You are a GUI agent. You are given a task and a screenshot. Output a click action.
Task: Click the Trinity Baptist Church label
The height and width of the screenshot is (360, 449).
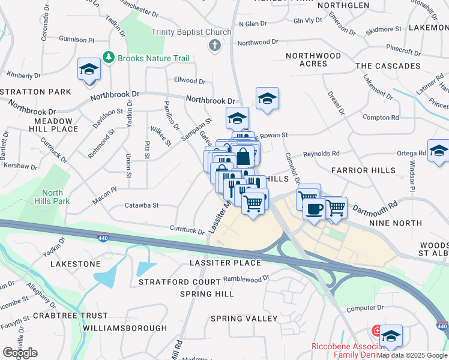[191, 32]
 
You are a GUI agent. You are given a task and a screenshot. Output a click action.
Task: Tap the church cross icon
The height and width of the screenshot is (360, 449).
[215, 45]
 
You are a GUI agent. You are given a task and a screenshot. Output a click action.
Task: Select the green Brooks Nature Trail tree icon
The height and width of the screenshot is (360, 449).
[109, 58]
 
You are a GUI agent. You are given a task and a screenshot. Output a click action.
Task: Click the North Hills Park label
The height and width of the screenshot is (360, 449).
[53, 197]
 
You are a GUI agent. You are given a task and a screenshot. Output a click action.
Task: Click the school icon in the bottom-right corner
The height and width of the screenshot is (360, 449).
[391, 337]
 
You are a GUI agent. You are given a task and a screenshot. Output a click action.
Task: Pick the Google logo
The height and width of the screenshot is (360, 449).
[20, 353]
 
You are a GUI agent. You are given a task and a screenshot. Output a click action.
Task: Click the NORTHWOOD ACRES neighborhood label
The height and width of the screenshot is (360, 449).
[313, 59]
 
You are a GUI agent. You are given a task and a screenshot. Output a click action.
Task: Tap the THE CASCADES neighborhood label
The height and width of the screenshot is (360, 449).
[388, 65]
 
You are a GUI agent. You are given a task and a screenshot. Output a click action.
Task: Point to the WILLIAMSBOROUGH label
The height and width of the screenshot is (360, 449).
[125, 328]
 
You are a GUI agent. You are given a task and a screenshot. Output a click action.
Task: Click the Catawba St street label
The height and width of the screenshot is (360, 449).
[141, 205]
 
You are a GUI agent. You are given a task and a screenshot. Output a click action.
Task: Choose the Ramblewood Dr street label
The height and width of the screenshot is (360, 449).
[246, 279]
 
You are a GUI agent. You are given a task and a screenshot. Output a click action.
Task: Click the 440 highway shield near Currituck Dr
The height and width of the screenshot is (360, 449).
[103, 238]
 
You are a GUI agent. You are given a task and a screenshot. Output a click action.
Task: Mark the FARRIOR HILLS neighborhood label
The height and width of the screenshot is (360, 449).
[364, 170]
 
